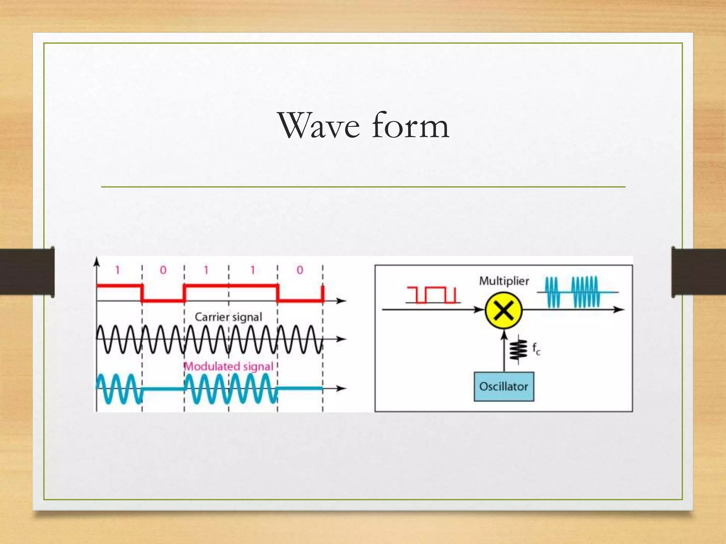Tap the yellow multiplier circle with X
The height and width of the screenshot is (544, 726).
(503, 311)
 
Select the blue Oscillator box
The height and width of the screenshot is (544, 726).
(504, 386)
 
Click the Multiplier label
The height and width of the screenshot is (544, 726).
(504, 281)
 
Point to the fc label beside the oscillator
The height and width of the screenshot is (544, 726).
(536, 349)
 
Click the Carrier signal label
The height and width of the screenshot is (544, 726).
(228, 317)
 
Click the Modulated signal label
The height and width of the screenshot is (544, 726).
(229, 366)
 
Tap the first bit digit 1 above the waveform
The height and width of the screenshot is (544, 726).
(117, 271)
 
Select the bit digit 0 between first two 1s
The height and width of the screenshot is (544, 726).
(163, 271)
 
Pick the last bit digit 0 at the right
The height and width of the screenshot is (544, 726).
(300, 271)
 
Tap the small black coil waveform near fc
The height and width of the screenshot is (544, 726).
(519, 350)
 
